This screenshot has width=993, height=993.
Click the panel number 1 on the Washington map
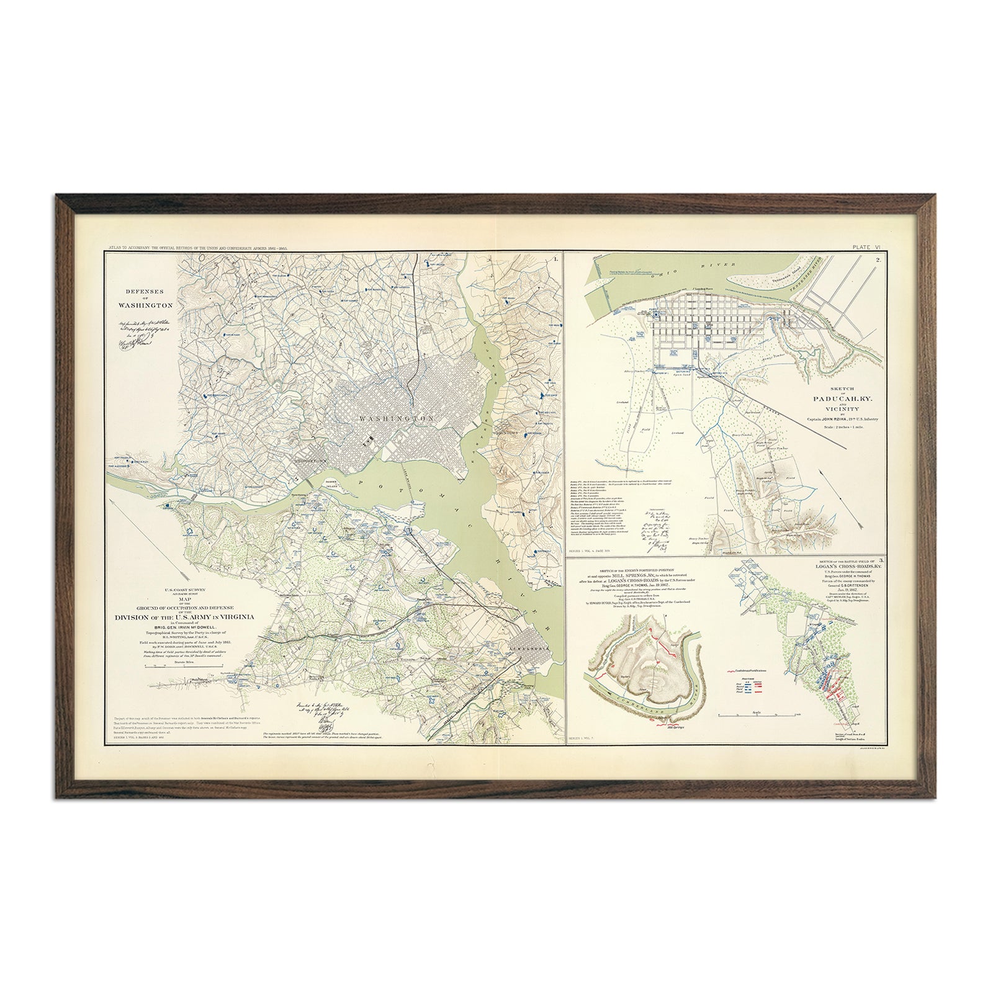pos(557,256)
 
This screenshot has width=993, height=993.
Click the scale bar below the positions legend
pos(756,716)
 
